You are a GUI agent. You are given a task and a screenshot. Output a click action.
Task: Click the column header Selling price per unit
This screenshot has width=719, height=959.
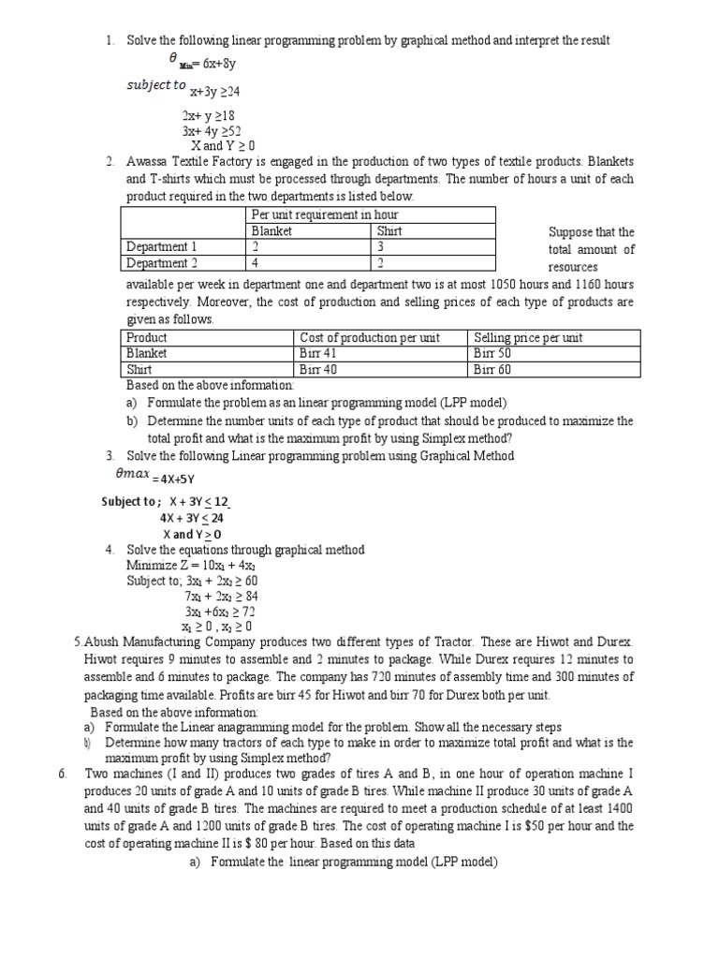point(528,337)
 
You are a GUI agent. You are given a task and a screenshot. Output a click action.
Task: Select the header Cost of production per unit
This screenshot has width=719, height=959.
point(369,337)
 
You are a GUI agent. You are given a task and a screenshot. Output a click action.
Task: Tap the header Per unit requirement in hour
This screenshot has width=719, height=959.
point(319,215)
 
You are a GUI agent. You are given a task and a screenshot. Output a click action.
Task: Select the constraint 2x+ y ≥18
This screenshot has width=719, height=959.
point(209,116)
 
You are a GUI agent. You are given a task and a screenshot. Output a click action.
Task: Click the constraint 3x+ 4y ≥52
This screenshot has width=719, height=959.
point(212,131)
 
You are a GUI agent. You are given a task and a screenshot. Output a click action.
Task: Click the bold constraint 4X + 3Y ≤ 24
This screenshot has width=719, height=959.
point(192,518)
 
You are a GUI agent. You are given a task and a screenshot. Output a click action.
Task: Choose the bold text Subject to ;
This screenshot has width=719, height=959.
point(131,502)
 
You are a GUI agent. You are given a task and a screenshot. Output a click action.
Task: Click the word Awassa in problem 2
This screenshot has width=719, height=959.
point(148,162)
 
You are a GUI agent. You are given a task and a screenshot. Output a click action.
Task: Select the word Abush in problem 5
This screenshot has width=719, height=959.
point(103,642)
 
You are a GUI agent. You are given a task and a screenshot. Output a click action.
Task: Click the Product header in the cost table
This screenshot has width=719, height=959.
point(147,337)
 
